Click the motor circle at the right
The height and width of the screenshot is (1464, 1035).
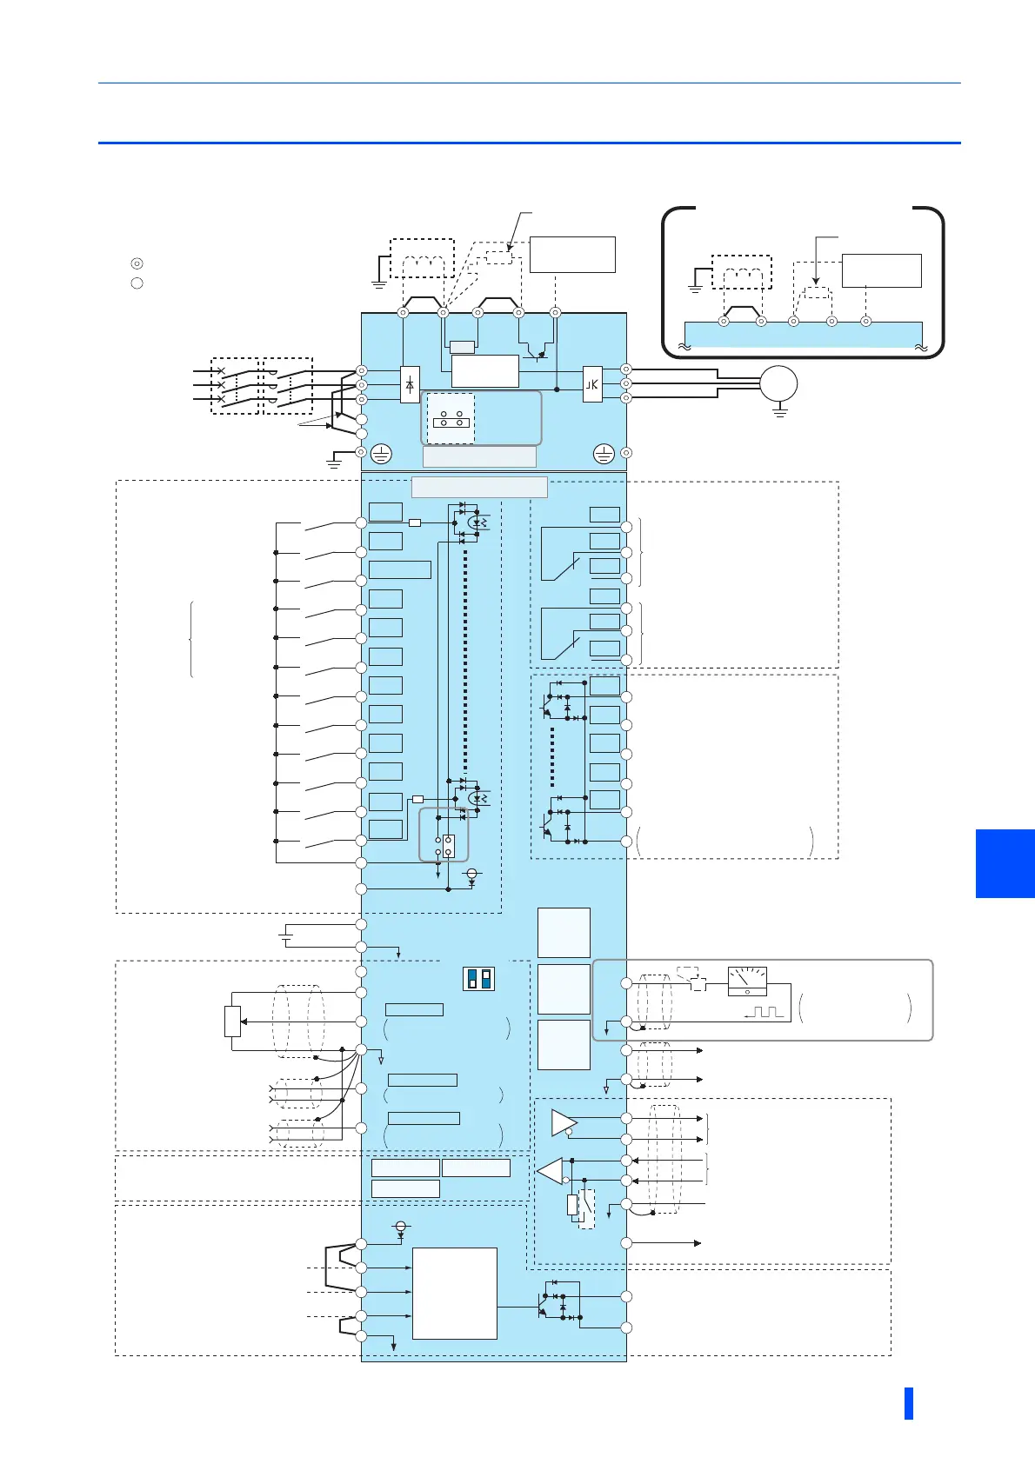point(778,383)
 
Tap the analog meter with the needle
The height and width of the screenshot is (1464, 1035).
point(747,982)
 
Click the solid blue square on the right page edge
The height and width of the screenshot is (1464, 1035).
point(1005,863)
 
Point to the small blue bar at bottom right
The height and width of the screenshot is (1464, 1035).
point(909,1403)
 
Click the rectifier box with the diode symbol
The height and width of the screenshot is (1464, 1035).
point(410,384)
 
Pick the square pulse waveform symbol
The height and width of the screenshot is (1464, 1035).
point(765,1012)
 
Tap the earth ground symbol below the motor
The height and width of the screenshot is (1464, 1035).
point(780,410)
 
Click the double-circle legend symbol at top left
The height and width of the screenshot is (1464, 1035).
point(137,263)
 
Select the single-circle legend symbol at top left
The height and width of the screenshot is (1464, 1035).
point(137,283)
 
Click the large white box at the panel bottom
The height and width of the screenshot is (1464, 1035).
point(454,1293)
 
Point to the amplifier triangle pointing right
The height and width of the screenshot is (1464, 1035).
point(564,1122)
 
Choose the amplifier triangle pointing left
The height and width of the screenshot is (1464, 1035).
point(551,1171)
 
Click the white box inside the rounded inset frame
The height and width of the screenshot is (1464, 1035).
point(881,270)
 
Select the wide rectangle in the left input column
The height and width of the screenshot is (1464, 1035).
point(399,569)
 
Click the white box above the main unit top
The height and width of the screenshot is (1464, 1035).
point(572,254)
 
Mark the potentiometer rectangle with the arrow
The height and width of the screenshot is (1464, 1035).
point(232,1021)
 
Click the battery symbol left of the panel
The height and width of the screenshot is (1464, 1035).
point(286,935)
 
